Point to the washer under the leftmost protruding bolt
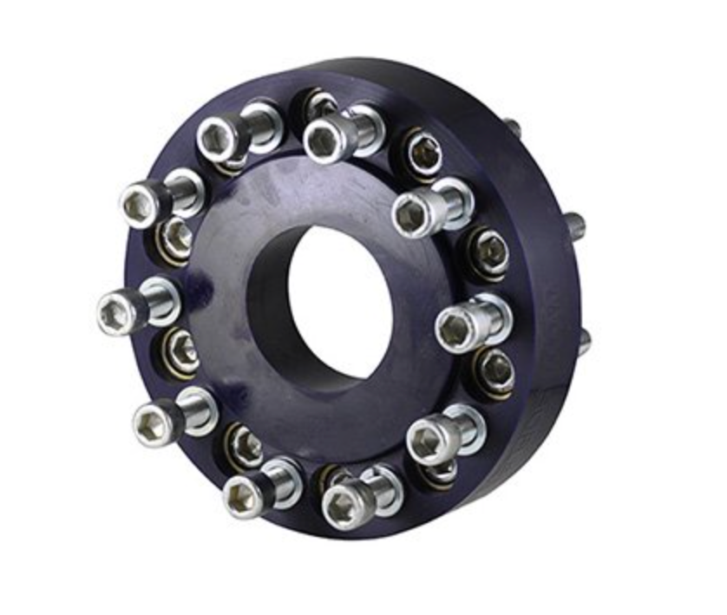tap(161, 301)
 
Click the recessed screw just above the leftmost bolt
tap(177, 234)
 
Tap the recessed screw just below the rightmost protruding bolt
tap(494, 368)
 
